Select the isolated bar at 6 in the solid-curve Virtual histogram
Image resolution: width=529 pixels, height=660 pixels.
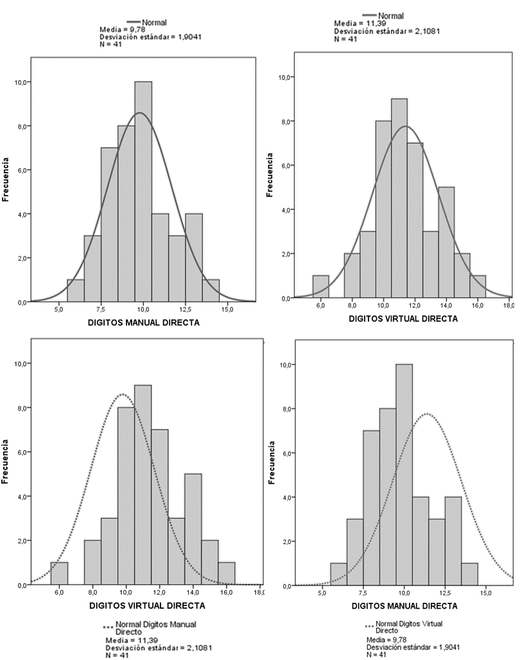[x=320, y=286]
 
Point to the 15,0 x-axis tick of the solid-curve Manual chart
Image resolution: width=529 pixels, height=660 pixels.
[x=227, y=310]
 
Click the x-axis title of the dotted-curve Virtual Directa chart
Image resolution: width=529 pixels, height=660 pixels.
[x=146, y=605]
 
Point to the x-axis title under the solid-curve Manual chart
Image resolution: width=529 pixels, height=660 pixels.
[x=143, y=323]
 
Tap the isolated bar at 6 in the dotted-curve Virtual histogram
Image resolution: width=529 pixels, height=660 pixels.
[x=60, y=573]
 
